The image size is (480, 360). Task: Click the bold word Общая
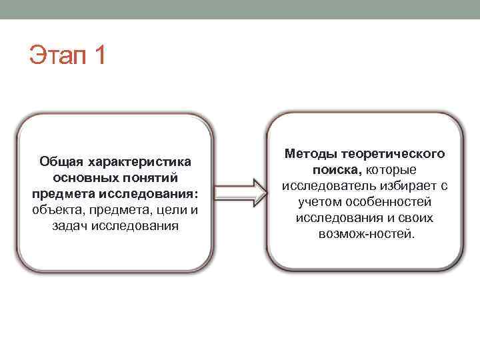pyautogui.click(x=61, y=161)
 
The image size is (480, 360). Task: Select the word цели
pyautogui.click(x=167, y=210)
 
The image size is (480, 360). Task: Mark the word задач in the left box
pyautogui.click(x=69, y=226)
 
